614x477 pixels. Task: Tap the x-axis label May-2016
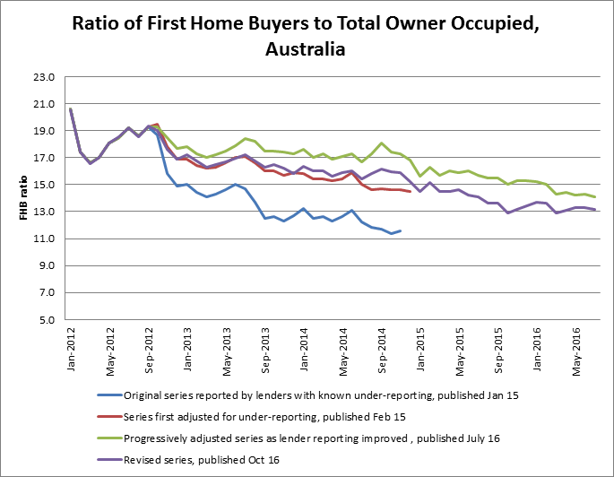click(575, 347)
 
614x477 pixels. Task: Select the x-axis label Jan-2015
click(419, 347)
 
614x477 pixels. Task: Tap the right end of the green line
click(595, 197)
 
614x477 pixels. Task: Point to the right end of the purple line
click(595, 210)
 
